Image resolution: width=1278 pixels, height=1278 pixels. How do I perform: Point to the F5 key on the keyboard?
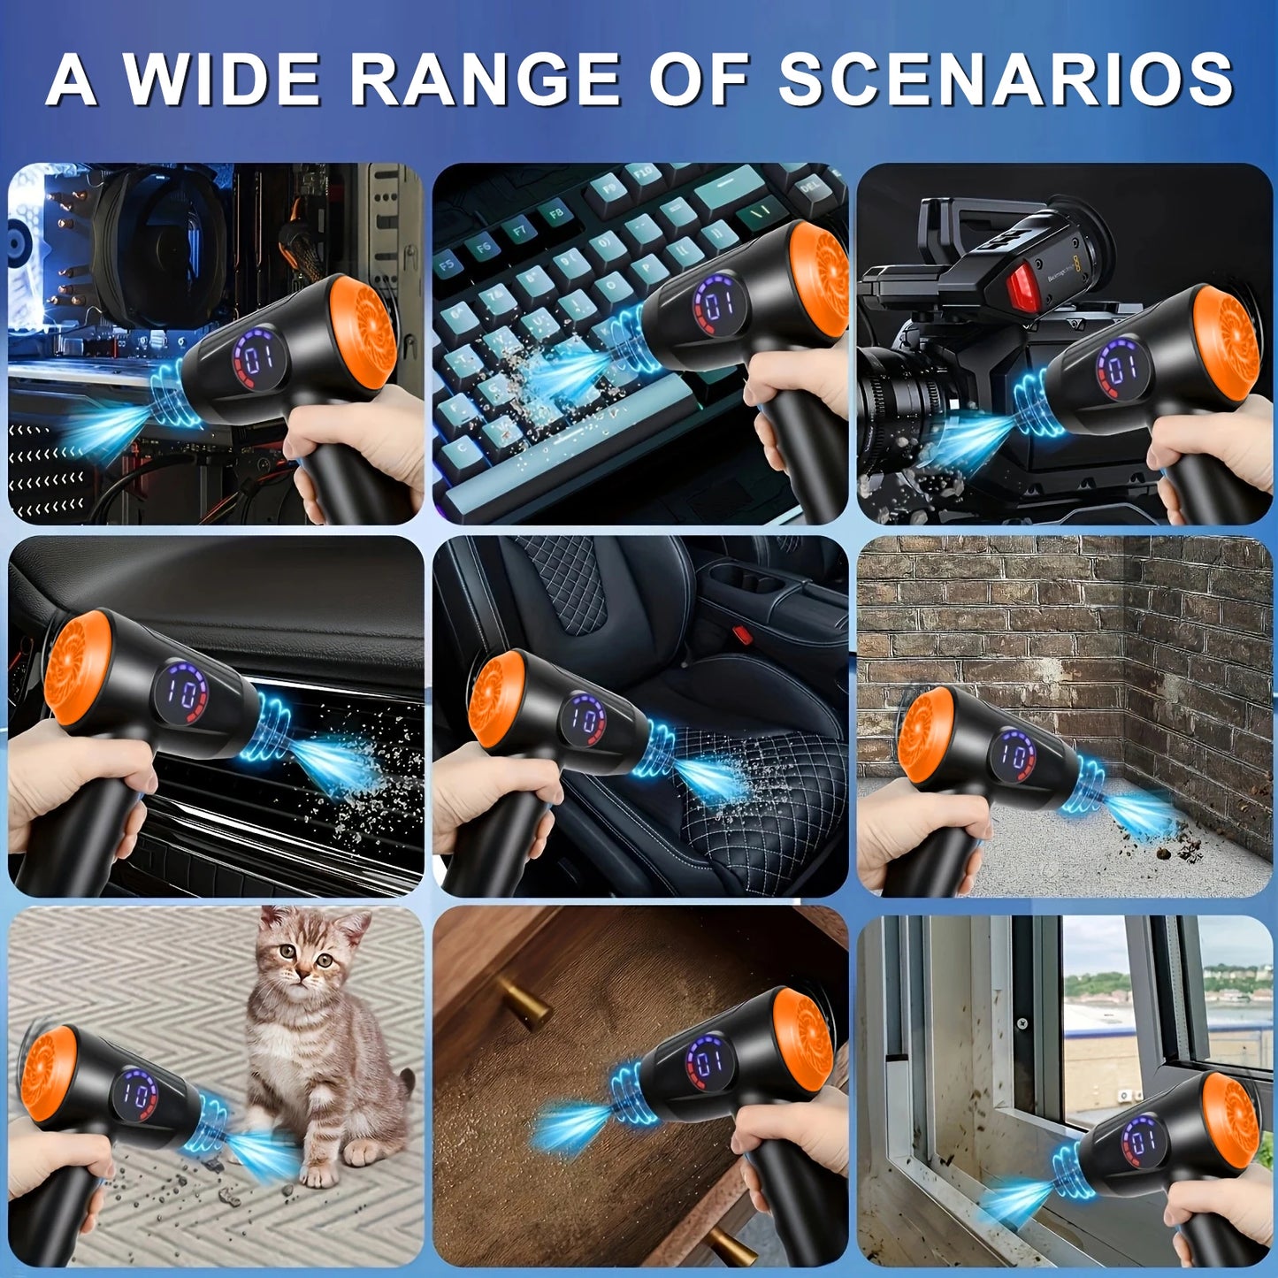click(x=448, y=263)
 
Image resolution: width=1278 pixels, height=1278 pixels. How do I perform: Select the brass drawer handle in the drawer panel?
click(x=524, y=1001)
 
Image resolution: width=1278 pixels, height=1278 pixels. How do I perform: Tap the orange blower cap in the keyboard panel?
click(x=819, y=279)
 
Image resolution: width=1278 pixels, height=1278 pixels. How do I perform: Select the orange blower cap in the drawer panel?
click(x=803, y=1040)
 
